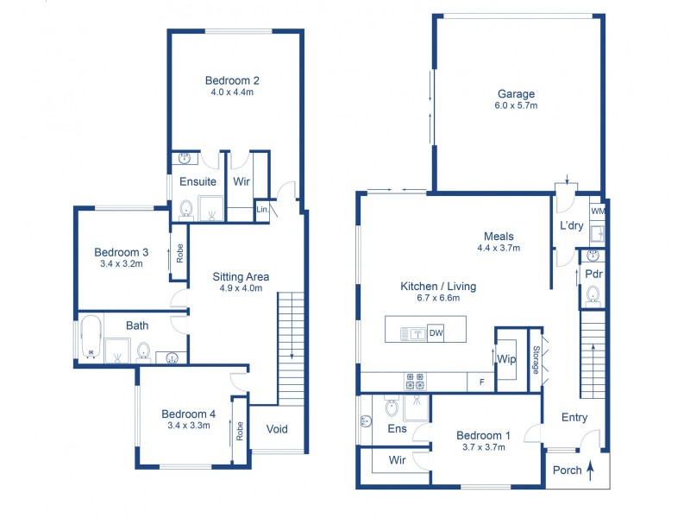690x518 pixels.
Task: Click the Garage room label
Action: pos(516,94)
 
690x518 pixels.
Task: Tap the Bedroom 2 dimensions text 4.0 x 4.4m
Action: pos(231,92)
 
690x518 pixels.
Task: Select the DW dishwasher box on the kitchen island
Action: pos(436,333)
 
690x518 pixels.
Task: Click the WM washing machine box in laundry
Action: pos(597,210)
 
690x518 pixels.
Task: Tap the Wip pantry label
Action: pos(506,358)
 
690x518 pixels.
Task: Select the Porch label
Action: pos(567,471)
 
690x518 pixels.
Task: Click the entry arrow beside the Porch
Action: pos(591,471)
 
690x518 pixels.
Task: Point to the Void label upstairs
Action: pos(277,429)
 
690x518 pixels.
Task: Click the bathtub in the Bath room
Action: pos(91,338)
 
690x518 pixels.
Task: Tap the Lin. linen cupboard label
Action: pos(261,210)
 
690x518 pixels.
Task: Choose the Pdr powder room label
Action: pos(593,275)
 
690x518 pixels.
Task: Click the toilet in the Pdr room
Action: pos(593,296)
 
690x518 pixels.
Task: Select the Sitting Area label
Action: pos(241,277)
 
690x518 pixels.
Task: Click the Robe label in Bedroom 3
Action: pos(180,253)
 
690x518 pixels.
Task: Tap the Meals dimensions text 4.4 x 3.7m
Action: pos(499,248)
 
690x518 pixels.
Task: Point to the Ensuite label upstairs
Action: pos(198,182)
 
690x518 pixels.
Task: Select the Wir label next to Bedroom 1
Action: pos(397,460)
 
